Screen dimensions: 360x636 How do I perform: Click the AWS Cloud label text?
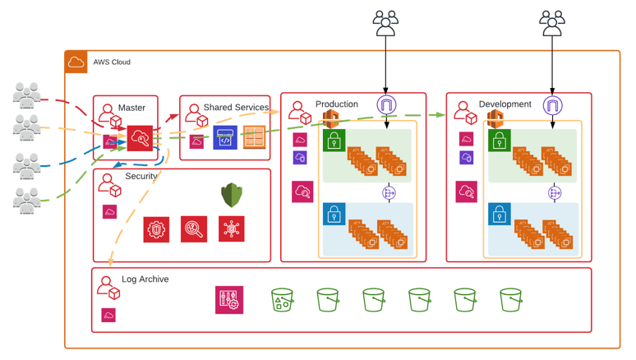[x=112, y=62]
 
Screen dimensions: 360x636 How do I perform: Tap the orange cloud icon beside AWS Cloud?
[x=76, y=62]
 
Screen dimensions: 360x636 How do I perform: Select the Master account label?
[x=131, y=108]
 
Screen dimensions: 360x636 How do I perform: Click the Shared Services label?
[x=236, y=108]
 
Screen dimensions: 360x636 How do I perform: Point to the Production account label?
[x=337, y=104]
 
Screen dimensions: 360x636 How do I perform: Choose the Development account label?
[x=505, y=104]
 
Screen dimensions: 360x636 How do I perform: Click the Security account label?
[x=141, y=177]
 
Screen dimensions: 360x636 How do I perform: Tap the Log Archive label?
[x=145, y=279]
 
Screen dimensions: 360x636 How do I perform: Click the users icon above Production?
[x=385, y=23]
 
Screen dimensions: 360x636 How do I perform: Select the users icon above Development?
[x=552, y=23]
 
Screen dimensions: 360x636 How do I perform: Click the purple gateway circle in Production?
[x=386, y=105]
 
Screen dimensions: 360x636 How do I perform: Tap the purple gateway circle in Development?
[x=553, y=105]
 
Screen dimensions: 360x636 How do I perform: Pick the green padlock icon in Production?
[x=334, y=141]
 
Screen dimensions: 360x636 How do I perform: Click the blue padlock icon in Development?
[x=500, y=214]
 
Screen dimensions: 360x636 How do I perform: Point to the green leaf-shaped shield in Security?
[x=232, y=195]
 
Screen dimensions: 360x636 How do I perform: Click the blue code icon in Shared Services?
[x=225, y=138]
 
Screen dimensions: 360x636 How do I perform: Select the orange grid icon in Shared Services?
[x=254, y=137]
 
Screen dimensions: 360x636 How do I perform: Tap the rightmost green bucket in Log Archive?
[x=511, y=300]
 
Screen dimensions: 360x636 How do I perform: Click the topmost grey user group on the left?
[x=27, y=95]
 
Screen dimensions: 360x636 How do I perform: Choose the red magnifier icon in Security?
[x=194, y=229]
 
